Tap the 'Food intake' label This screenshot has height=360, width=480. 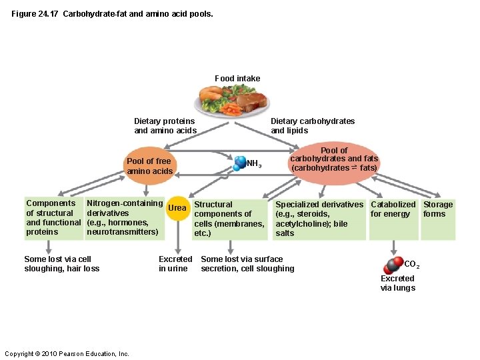tap(237, 79)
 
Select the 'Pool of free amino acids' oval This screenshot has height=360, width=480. tap(149, 166)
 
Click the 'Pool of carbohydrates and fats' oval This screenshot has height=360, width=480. tap(334, 159)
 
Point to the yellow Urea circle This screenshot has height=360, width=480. tap(177, 208)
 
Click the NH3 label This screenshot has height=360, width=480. tap(254, 163)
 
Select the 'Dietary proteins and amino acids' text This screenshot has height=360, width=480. tap(165, 126)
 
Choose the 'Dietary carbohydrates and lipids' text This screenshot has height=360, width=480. tap(312, 126)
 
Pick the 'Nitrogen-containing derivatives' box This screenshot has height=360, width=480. tap(125, 218)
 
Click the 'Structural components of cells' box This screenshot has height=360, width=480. tap(229, 219)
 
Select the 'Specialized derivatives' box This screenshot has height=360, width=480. tap(319, 219)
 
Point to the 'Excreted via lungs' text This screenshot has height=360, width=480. tap(397, 283)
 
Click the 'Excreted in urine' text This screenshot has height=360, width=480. tap(175, 264)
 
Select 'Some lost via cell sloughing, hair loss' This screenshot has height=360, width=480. tap(61, 264)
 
